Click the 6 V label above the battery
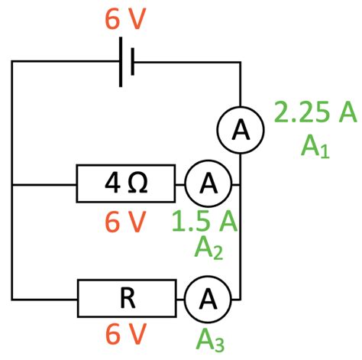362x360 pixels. pos(123,21)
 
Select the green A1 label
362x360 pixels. pos(315,144)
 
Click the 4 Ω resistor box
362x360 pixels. pos(126,183)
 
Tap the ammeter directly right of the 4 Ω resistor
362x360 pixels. pos(205,183)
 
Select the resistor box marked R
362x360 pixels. pos(126,298)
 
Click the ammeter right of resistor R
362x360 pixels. pos(205,298)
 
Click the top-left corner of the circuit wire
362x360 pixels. pos(12,60)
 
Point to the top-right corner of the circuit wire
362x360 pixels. pos(241,60)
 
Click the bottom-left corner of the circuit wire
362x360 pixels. pos(12,298)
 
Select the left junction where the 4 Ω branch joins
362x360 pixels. pos(12,183)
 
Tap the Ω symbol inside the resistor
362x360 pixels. pos(140,183)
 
